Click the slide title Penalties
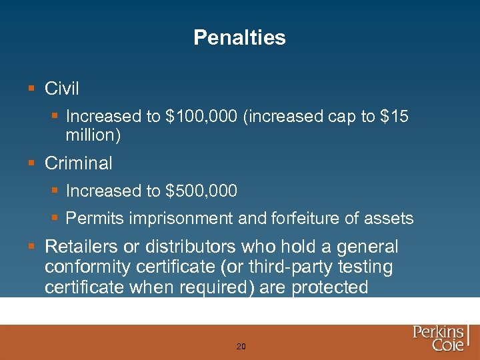[239, 37]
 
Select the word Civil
[62, 88]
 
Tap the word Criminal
[79, 163]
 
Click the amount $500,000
[201, 191]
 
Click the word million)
[93, 135]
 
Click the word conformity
[84, 267]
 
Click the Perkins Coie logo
[440, 339]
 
